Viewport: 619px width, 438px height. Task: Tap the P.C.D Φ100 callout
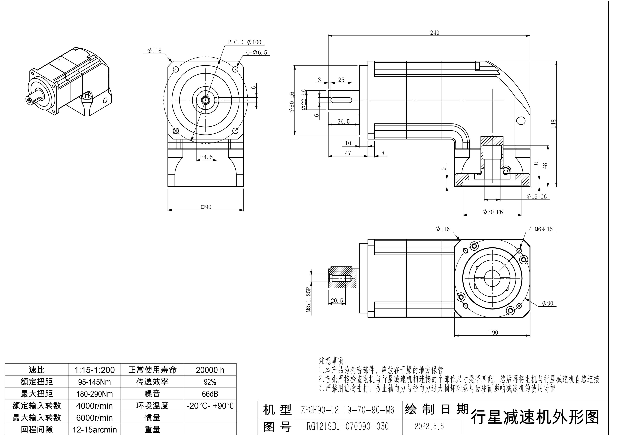point(244,42)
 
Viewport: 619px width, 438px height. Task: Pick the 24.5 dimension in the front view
point(207,157)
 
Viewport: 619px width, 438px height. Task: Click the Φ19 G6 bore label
point(537,197)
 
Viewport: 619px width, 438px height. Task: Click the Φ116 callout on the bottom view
point(442,229)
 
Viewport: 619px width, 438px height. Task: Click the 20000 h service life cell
point(210,370)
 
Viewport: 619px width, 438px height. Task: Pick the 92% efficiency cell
point(210,382)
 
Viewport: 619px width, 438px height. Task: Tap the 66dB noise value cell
point(210,394)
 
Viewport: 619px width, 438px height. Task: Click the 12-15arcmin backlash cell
point(94,429)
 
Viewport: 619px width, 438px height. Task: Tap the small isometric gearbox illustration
point(70,82)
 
